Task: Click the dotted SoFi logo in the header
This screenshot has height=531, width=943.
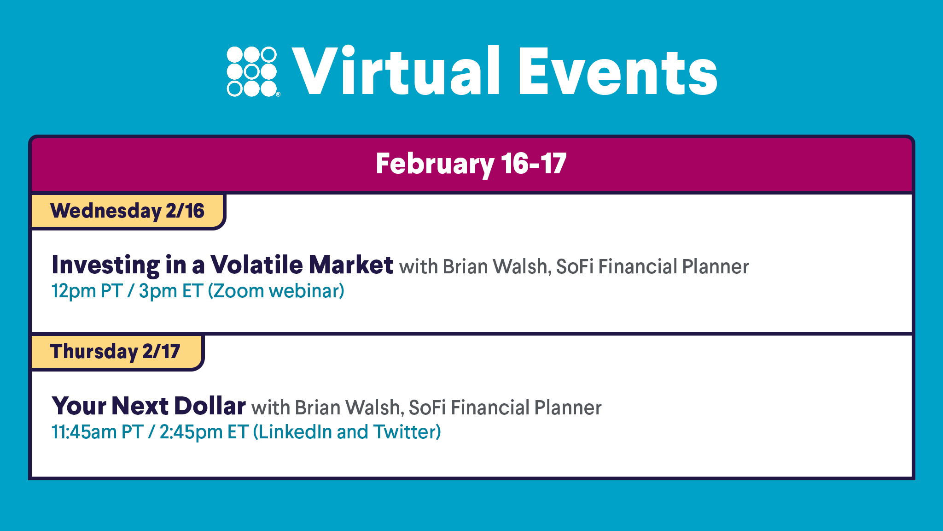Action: pyautogui.click(x=253, y=71)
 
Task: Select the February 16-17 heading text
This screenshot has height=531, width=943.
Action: pyautogui.click(x=471, y=164)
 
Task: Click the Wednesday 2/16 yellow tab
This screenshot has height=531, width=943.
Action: pyautogui.click(x=128, y=212)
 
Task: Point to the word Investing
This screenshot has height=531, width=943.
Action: pyautogui.click(x=106, y=265)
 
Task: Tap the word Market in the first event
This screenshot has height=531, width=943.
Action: pyautogui.click(x=351, y=265)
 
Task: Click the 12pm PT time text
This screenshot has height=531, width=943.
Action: pyautogui.click(x=87, y=291)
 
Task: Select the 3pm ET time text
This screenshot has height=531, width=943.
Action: pyautogui.click(x=170, y=291)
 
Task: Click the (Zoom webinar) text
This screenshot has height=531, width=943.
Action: pyautogui.click(x=276, y=291)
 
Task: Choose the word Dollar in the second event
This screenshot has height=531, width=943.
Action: pyautogui.click(x=210, y=406)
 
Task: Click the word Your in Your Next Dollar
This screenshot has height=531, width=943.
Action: pyautogui.click(x=79, y=406)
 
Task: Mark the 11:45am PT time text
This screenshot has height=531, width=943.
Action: pyautogui.click(x=97, y=432)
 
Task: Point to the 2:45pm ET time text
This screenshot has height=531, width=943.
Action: pyautogui.click(x=204, y=432)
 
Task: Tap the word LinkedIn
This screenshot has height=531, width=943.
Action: pyautogui.click(x=295, y=432)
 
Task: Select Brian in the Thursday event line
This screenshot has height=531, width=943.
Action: pyautogui.click(x=318, y=408)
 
